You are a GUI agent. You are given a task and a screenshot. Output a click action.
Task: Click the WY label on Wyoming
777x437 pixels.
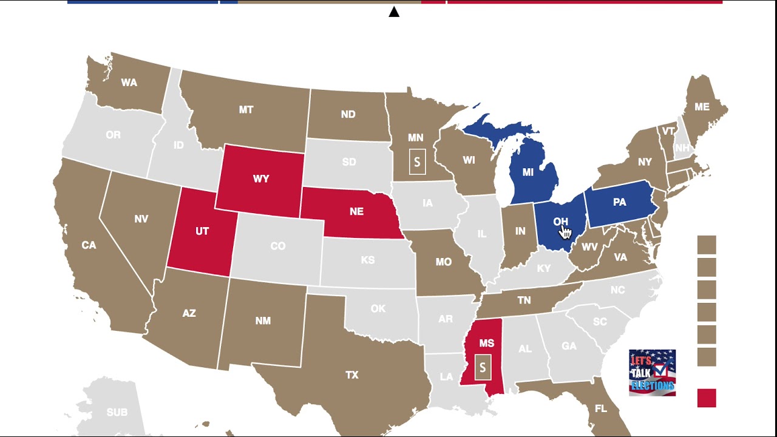click(x=261, y=179)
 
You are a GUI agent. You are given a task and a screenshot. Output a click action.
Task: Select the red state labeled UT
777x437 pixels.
click(x=202, y=232)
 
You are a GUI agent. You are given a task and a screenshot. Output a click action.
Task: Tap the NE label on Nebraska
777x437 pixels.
click(x=356, y=211)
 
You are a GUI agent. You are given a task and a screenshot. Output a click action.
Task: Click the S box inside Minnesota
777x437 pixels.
click(x=417, y=162)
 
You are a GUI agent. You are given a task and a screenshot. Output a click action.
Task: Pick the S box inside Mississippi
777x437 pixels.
click(x=483, y=368)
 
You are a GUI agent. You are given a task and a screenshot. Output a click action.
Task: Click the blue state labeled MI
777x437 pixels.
click(x=528, y=172)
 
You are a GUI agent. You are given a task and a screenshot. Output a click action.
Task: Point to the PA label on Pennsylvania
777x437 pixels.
click(x=619, y=202)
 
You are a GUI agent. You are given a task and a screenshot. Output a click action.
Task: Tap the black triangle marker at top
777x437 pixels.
click(x=394, y=12)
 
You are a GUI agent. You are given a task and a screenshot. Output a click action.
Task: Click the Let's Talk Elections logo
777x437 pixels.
click(x=652, y=373)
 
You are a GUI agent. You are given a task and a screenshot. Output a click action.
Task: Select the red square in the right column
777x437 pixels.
click(x=707, y=398)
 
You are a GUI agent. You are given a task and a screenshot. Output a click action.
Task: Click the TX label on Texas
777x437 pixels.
click(x=352, y=375)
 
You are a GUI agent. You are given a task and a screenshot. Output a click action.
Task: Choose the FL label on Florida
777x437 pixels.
click(x=601, y=409)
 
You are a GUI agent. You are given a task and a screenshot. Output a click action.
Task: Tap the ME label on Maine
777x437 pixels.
click(x=702, y=107)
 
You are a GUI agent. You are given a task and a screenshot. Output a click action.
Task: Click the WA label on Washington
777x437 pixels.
click(x=129, y=83)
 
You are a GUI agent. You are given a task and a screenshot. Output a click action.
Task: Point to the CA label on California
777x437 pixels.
click(x=89, y=245)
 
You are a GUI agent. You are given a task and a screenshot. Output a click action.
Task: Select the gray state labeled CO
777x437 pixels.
click(x=277, y=246)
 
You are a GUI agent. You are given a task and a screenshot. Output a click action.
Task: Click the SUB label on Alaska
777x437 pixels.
click(x=117, y=413)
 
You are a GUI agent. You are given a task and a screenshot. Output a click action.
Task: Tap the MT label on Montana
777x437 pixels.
click(x=246, y=110)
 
